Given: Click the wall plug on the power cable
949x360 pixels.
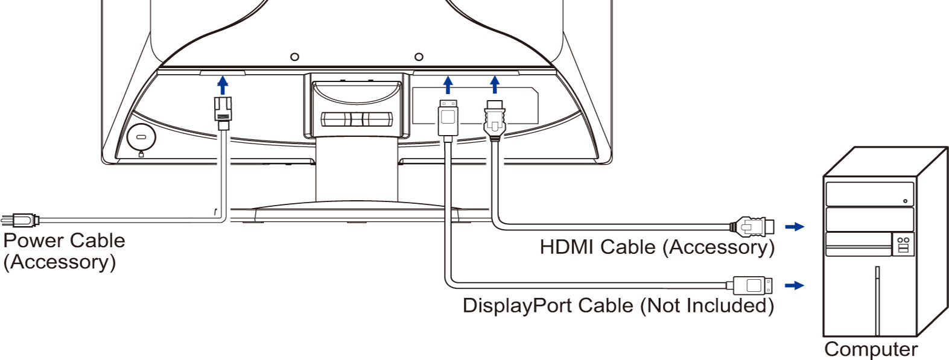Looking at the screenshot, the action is (x=20, y=220).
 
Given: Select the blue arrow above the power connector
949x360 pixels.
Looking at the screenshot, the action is (x=223, y=85).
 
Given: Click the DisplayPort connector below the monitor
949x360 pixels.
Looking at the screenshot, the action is (x=448, y=118).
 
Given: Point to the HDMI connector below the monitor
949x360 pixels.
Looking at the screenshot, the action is (x=495, y=120).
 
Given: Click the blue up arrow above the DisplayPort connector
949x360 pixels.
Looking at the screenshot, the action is (x=448, y=84).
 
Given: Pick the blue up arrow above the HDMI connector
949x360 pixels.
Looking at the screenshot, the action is (x=495, y=84).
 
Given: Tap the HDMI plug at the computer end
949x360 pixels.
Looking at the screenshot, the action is (x=752, y=226).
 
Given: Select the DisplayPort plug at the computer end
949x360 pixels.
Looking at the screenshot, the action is (x=749, y=285).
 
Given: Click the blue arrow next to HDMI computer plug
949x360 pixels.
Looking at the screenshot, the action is (x=795, y=227).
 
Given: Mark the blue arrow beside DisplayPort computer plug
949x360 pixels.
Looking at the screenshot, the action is (x=795, y=285).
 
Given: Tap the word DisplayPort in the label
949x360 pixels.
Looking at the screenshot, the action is (x=517, y=305).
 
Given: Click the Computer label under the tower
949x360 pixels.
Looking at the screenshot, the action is (x=871, y=349).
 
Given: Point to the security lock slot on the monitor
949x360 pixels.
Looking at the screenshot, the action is (x=142, y=137).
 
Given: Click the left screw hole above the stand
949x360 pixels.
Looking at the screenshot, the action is (x=294, y=57).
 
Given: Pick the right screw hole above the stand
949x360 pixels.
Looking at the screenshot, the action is (x=419, y=56).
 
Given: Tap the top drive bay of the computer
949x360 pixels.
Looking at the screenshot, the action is (x=869, y=194).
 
